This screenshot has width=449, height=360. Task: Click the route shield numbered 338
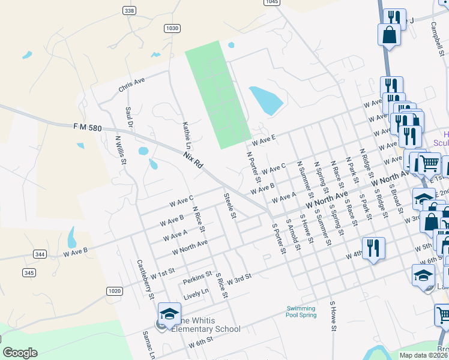[x=128, y=11]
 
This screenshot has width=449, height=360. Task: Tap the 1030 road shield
[x=172, y=28]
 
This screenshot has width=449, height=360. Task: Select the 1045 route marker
[x=272, y=2]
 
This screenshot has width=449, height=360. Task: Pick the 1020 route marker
[x=115, y=291]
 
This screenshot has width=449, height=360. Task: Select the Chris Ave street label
[x=132, y=84]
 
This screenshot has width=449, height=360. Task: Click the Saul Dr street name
[x=128, y=118]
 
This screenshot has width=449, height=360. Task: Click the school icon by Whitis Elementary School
[x=169, y=314]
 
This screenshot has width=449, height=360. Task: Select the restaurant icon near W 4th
[x=373, y=248]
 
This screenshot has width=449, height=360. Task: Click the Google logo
[x=20, y=353]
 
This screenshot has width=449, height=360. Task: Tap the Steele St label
[x=231, y=205]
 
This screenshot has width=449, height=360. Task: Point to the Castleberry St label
[x=146, y=279]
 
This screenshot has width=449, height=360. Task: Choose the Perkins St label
[x=198, y=277]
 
